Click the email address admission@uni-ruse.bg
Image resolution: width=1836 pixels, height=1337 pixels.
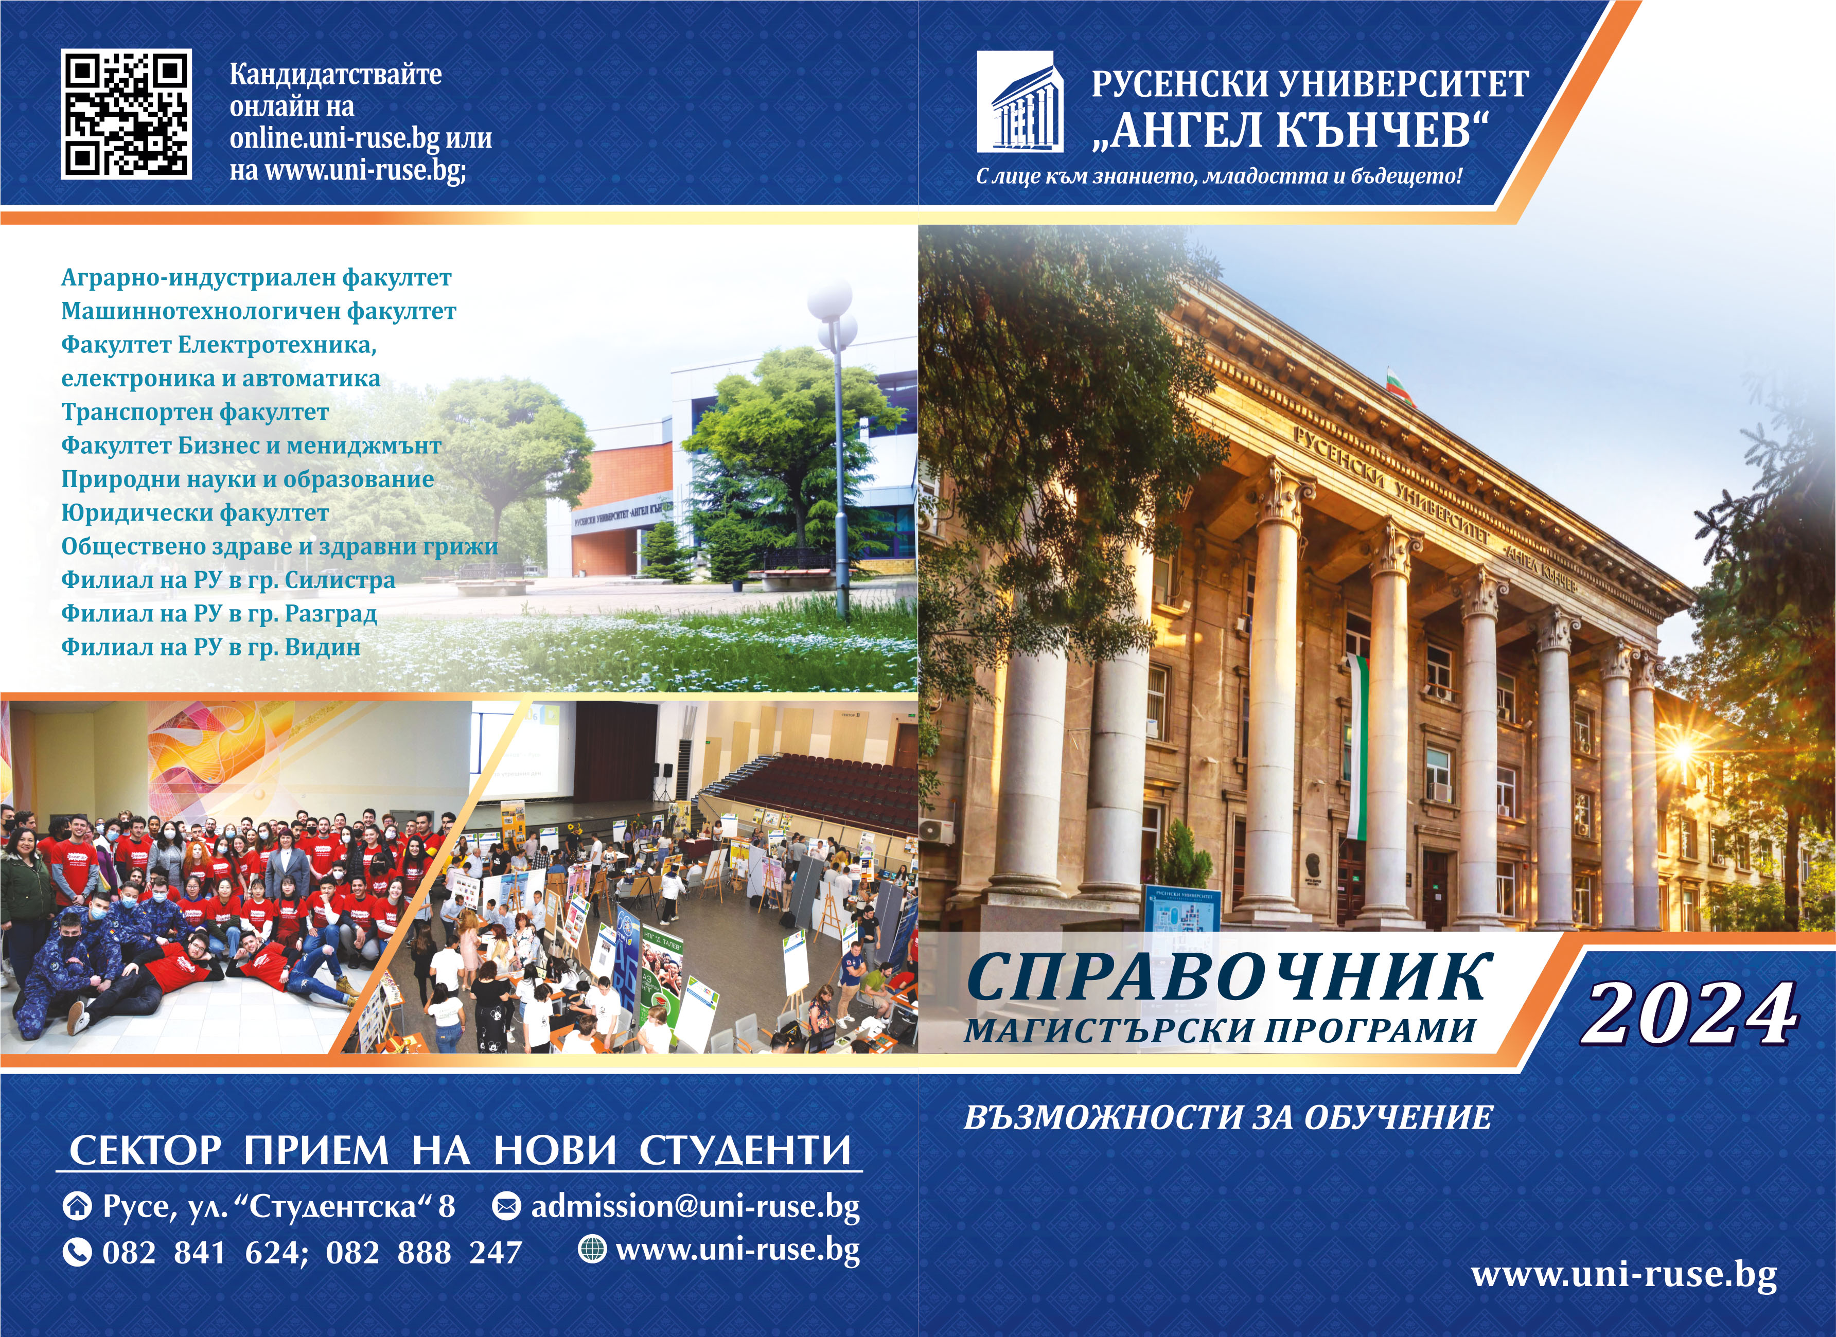[695, 1207]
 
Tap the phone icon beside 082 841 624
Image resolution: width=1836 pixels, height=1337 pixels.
[77, 1252]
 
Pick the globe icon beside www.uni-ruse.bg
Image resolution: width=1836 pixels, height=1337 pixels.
[592, 1249]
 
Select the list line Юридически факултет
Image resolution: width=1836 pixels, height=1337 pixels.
[195, 513]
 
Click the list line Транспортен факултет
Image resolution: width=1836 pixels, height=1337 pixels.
[195, 413]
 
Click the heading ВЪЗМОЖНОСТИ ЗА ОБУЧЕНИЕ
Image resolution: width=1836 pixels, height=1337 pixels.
[1227, 1118]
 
